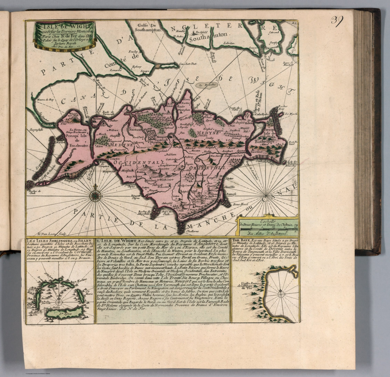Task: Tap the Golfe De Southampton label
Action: (148, 27)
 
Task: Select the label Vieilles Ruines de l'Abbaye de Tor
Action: (248, 286)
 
